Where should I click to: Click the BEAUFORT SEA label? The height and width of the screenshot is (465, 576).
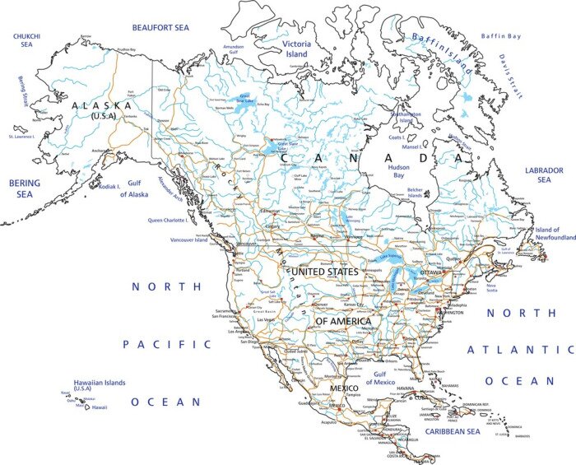pos(160,27)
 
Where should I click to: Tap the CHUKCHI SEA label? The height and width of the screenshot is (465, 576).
pos(27,41)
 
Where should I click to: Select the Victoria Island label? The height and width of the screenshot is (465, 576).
pos(296,49)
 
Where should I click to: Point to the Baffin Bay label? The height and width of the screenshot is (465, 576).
pos(501,36)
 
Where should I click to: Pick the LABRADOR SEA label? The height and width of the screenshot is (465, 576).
pos(544,174)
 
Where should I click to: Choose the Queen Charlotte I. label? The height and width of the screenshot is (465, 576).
pos(168,221)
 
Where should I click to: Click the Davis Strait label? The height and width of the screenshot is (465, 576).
pos(510,76)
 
